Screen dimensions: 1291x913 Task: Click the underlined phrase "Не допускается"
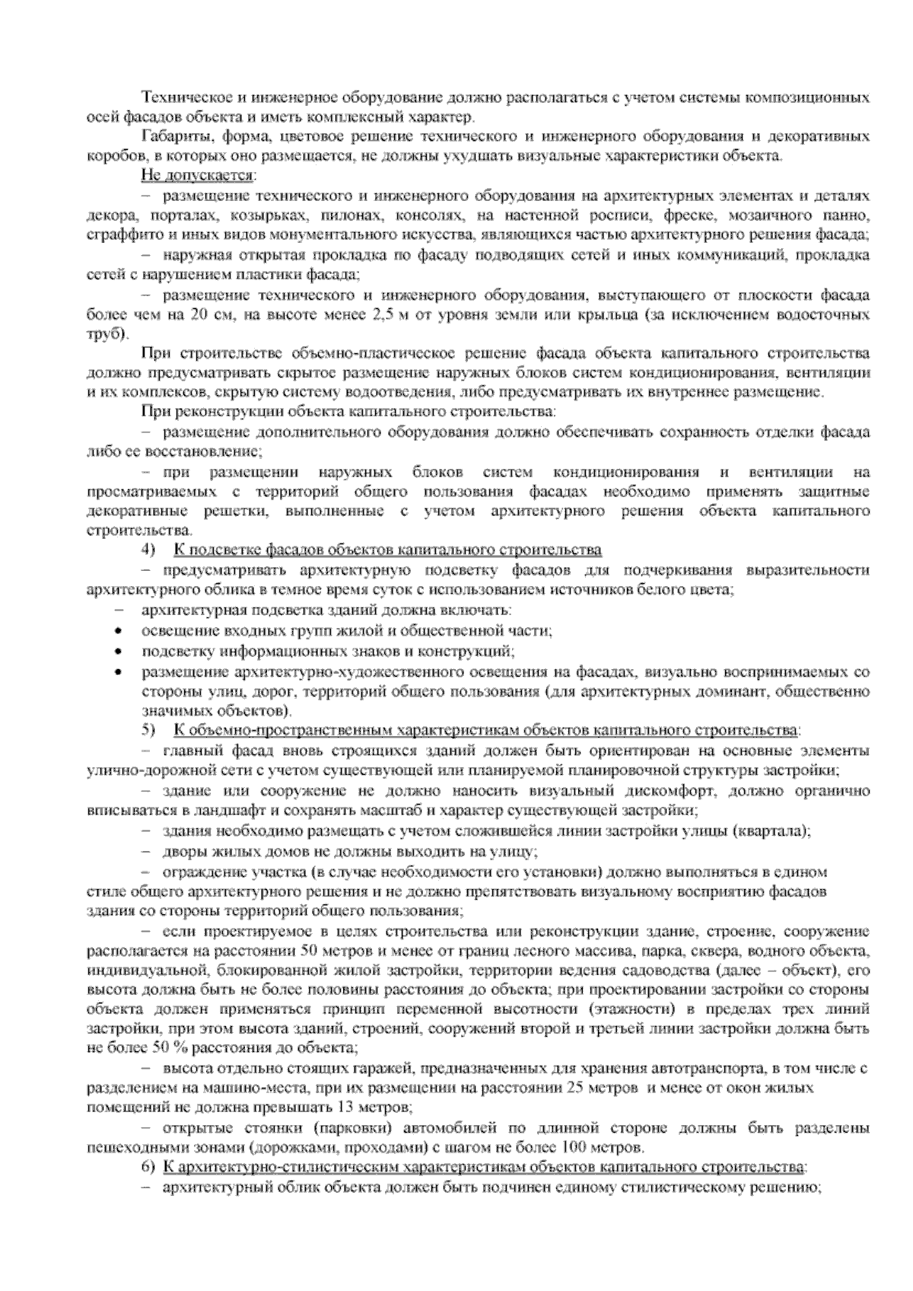pos(196,177)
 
